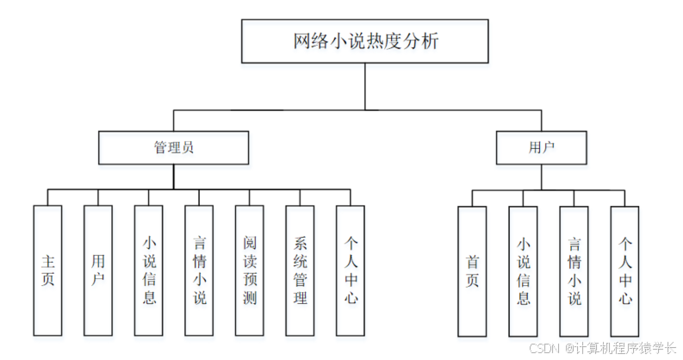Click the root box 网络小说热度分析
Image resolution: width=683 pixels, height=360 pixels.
[x=365, y=42]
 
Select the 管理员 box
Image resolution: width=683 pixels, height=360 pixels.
[x=173, y=147]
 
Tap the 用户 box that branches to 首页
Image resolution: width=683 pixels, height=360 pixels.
[x=541, y=147]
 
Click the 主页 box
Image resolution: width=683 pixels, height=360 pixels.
[x=47, y=270]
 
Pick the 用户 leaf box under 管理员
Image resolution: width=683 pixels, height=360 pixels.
[x=98, y=270]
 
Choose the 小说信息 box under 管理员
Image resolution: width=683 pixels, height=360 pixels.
[x=148, y=270]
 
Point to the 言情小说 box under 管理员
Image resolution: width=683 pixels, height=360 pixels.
[x=199, y=270]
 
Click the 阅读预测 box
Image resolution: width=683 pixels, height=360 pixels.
[x=250, y=270]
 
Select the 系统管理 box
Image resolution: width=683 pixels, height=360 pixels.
[x=300, y=270]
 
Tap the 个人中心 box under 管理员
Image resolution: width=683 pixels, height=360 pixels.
[x=351, y=270]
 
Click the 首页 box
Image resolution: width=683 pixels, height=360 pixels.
[x=472, y=270]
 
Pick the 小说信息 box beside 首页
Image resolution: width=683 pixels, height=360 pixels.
[x=523, y=270]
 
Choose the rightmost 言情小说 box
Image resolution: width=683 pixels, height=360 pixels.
[x=574, y=270]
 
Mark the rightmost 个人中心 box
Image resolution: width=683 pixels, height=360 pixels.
[x=624, y=270]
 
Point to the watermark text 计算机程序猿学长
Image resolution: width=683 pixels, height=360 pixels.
[x=626, y=347]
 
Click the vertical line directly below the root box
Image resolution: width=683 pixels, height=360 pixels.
[x=365, y=86]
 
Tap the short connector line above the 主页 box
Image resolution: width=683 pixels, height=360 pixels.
[x=47, y=197]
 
